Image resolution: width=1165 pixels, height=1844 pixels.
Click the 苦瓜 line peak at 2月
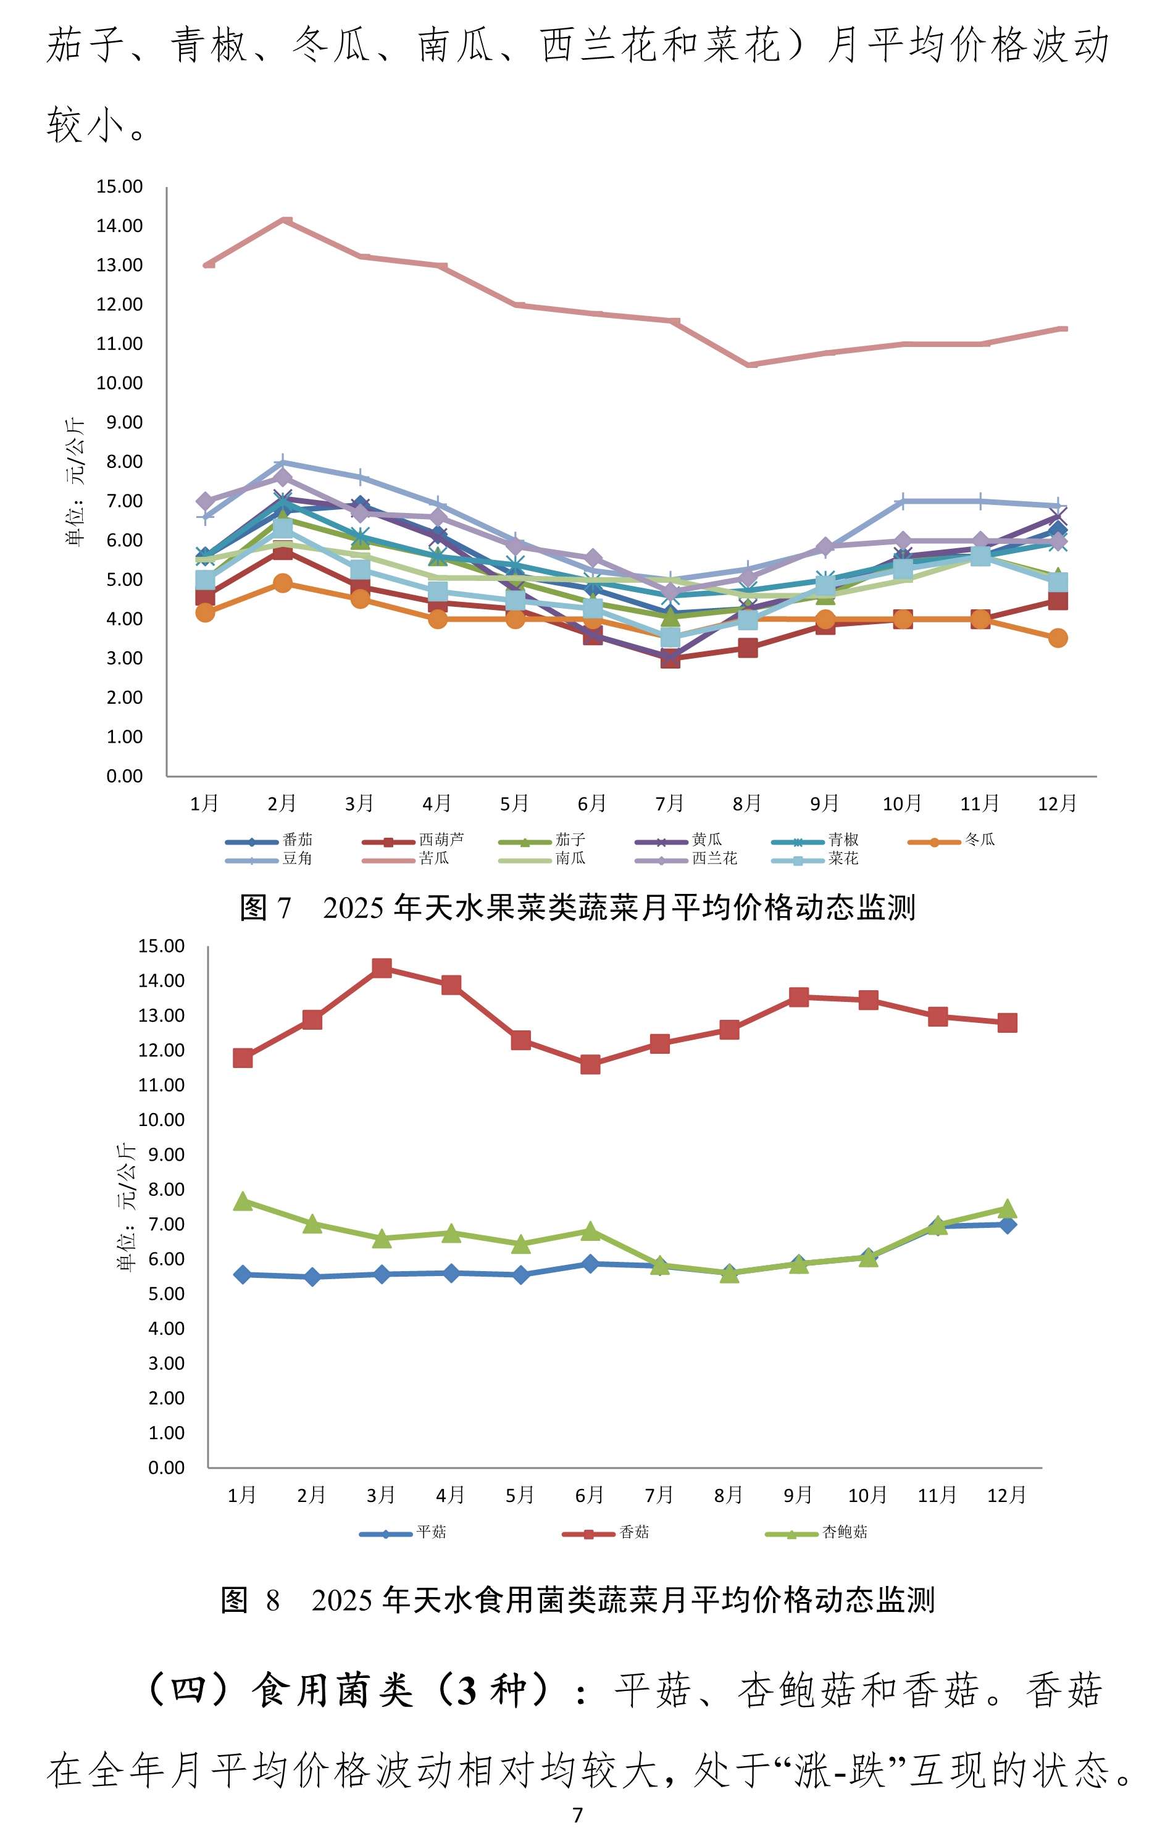pos(283,220)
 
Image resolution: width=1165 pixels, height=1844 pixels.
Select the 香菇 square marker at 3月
pos(382,968)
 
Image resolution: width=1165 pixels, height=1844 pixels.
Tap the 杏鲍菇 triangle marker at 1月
pos(243,1201)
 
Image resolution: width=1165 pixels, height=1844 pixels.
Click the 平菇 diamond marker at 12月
pos(1007,1224)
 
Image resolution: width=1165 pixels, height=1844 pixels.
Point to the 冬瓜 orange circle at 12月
pos(1058,638)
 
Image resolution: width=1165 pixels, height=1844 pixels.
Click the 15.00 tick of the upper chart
pos(120,187)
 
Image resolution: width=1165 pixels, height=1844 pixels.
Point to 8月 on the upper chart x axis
pos(747,803)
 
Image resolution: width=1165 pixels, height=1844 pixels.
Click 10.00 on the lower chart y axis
pos(161,1120)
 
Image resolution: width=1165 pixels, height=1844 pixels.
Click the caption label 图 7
pos(265,907)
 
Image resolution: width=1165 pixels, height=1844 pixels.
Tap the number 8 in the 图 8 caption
pos(273,1601)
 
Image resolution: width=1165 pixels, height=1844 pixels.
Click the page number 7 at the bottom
pos(577,1816)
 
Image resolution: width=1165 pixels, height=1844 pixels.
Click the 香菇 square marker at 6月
pos(590,1064)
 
